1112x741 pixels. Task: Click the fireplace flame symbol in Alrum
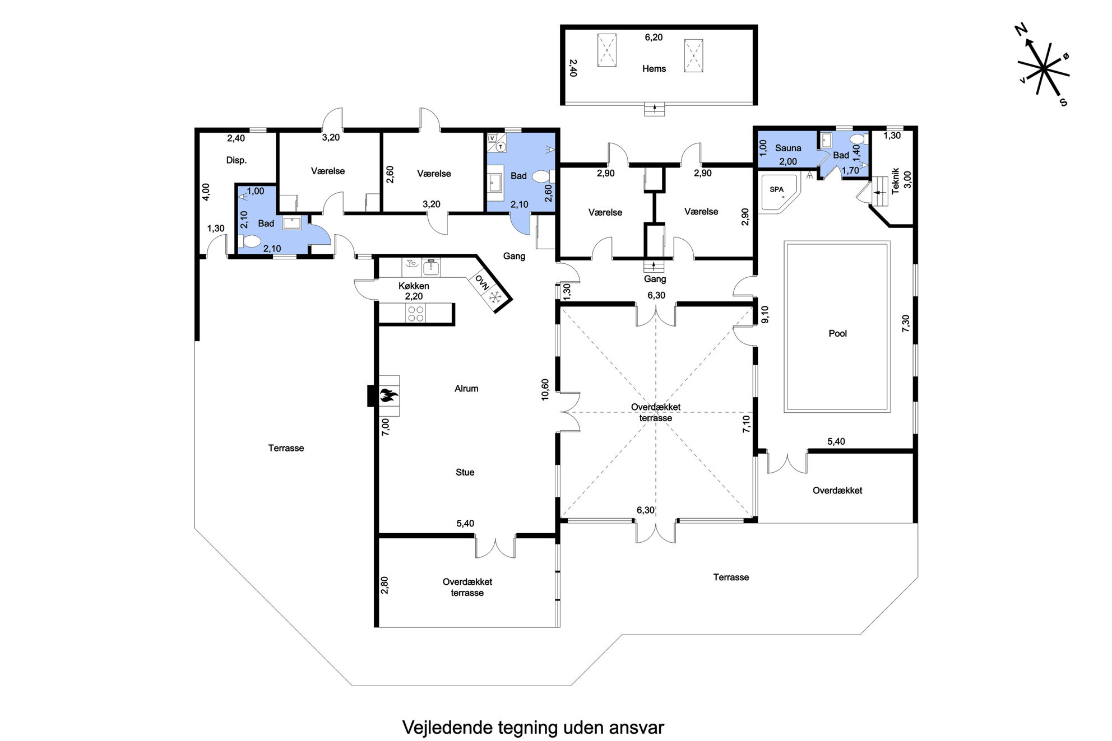[388, 396]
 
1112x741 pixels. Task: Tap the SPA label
[776, 189]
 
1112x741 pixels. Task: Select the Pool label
[837, 333]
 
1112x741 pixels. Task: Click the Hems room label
[654, 69]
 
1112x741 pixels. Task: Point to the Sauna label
[788, 148]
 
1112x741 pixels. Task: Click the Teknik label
[895, 180]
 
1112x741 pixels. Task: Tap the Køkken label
[414, 286]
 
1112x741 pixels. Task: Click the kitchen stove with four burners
[416, 314]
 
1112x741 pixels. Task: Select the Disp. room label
[237, 160]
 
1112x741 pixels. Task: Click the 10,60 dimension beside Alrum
[545, 390]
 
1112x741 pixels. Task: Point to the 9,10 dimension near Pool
[765, 314]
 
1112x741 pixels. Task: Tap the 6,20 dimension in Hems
[654, 38]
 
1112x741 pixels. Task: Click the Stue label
[465, 472]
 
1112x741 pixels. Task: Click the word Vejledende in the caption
[447, 728]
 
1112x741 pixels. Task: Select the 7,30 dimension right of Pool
[906, 324]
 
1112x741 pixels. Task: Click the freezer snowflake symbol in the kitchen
[495, 297]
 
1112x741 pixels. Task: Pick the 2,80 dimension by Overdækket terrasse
[384, 585]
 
